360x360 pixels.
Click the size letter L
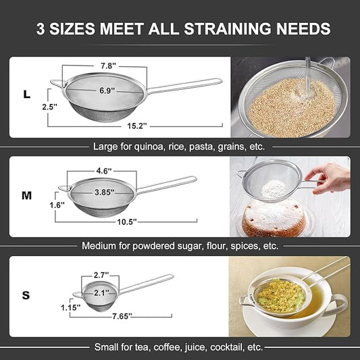[x=26, y=95]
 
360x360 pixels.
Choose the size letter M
[x=27, y=196]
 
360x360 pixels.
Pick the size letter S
[x=26, y=294]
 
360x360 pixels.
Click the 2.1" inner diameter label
[x=101, y=292]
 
